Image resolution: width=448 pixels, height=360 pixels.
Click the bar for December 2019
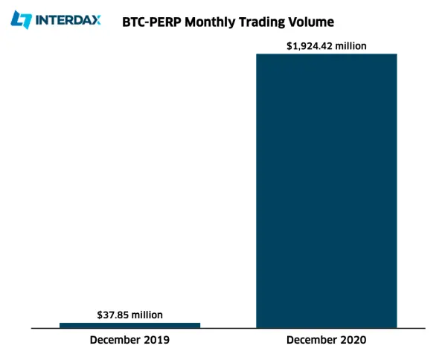tap(129, 326)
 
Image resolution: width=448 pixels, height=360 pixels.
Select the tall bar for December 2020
tap(327, 191)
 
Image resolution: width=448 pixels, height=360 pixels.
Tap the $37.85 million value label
tap(129, 315)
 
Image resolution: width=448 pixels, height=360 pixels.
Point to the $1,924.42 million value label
tap(327, 46)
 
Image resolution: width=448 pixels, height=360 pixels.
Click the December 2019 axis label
tap(129, 340)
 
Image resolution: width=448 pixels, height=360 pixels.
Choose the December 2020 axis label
tap(327, 340)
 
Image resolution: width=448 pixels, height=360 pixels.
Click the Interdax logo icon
tap(21, 19)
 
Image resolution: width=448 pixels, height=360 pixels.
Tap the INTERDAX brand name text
tap(68, 20)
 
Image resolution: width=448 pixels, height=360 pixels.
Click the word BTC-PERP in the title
tap(152, 22)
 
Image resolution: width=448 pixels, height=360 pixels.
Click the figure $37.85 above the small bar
tap(112, 315)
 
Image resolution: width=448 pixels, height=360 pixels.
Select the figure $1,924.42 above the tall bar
tap(309, 46)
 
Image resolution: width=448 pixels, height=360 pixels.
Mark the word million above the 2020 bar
tap(351, 46)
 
